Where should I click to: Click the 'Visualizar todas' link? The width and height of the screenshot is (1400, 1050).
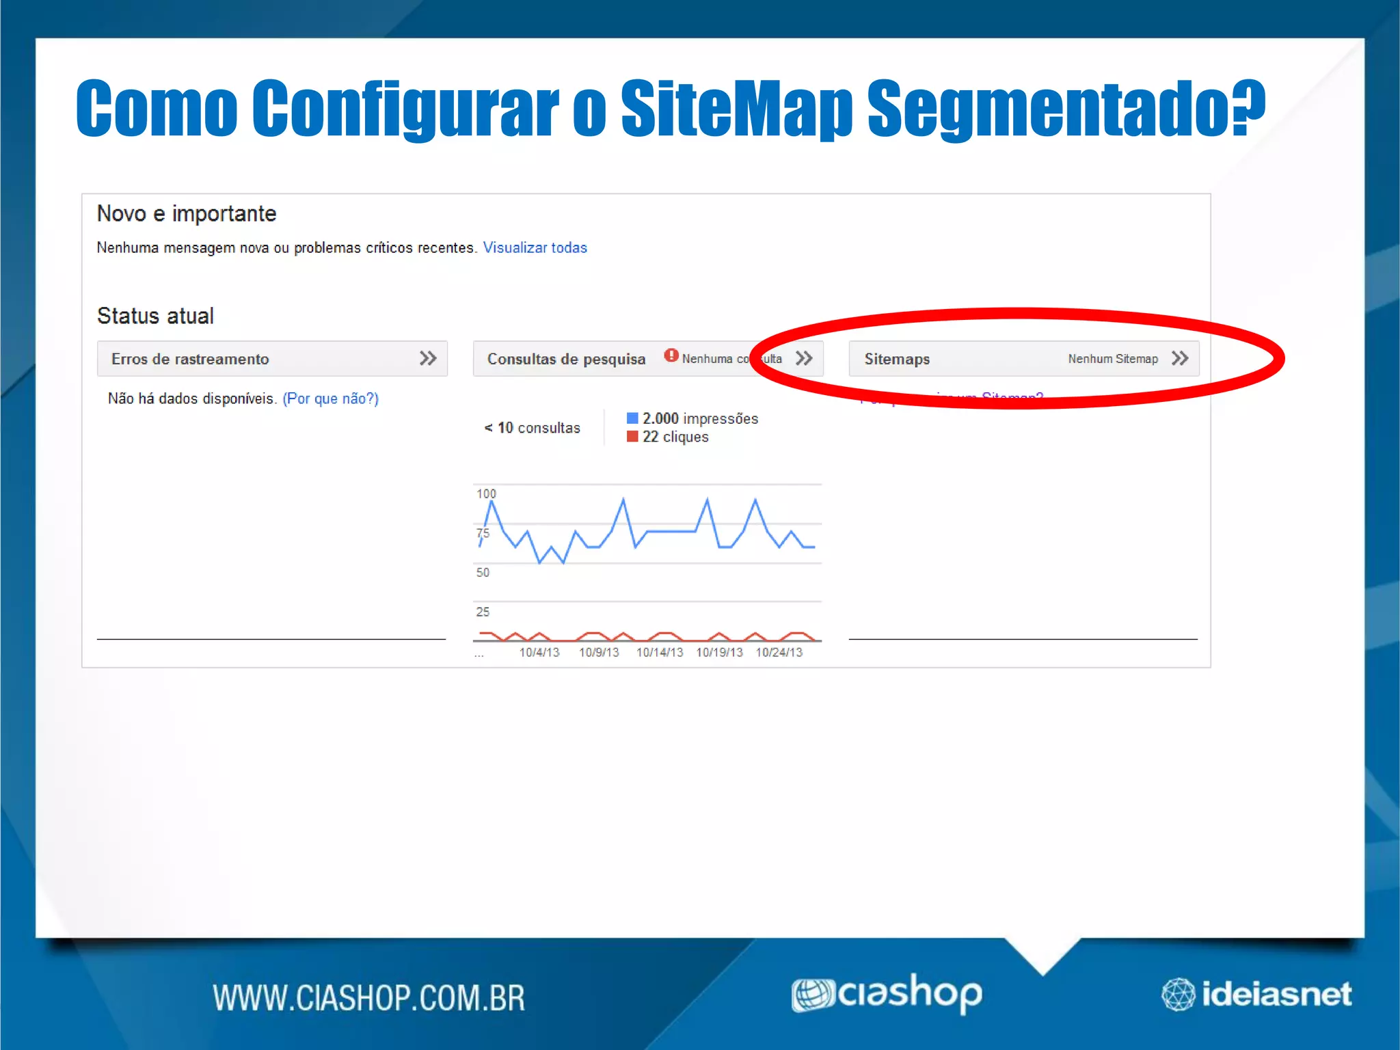click(535, 247)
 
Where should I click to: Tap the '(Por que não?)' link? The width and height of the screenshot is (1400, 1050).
click(330, 399)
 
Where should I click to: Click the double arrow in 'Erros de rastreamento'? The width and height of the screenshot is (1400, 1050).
click(428, 358)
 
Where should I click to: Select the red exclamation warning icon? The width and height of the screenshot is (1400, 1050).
click(671, 355)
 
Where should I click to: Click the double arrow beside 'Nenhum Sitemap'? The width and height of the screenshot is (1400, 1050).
click(1180, 358)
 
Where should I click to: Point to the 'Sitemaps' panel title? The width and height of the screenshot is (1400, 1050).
click(897, 359)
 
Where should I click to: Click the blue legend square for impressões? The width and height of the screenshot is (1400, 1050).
click(632, 418)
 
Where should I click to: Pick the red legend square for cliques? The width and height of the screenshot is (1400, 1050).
click(632, 437)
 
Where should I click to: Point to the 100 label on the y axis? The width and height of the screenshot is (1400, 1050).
click(486, 494)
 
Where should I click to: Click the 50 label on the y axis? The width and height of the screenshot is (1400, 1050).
click(483, 573)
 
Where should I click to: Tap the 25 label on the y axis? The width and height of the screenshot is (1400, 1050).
click(483, 612)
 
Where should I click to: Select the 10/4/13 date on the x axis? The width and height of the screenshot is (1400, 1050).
click(539, 653)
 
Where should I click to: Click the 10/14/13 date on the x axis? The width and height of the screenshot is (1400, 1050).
click(659, 653)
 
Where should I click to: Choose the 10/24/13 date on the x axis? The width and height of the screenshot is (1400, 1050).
click(779, 653)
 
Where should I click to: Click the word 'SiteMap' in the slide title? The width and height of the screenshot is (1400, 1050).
click(736, 108)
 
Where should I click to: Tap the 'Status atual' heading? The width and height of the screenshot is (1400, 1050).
click(155, 316)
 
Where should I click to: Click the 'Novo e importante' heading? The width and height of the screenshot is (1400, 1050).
click(187, 214)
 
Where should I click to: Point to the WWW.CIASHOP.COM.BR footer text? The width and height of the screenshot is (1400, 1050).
click(368, 997)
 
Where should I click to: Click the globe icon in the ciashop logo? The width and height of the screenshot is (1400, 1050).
click(812, 995)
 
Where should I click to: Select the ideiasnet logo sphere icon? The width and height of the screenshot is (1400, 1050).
click(1178, 995)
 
